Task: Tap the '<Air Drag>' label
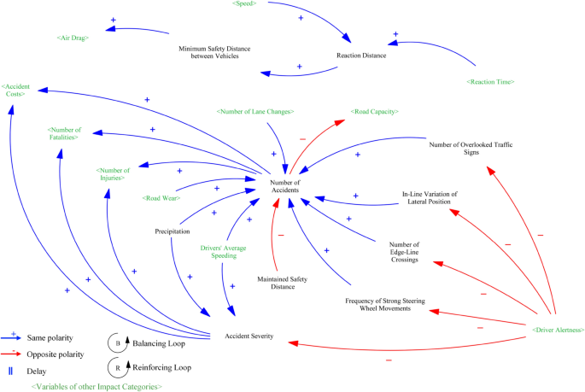pos(74,38)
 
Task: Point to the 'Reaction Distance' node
pos(361,56)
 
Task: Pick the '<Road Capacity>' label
pos(374,111)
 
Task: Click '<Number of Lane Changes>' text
pos(255,111)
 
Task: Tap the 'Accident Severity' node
pos(249,336)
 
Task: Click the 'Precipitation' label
pos(172,231)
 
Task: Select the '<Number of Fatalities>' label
pos(64,132)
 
